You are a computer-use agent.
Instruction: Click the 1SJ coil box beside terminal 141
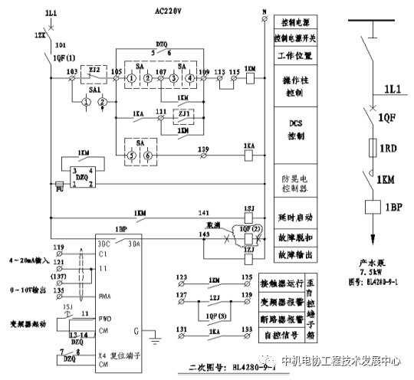point(248,209)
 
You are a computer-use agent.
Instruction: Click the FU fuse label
point(59,185)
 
